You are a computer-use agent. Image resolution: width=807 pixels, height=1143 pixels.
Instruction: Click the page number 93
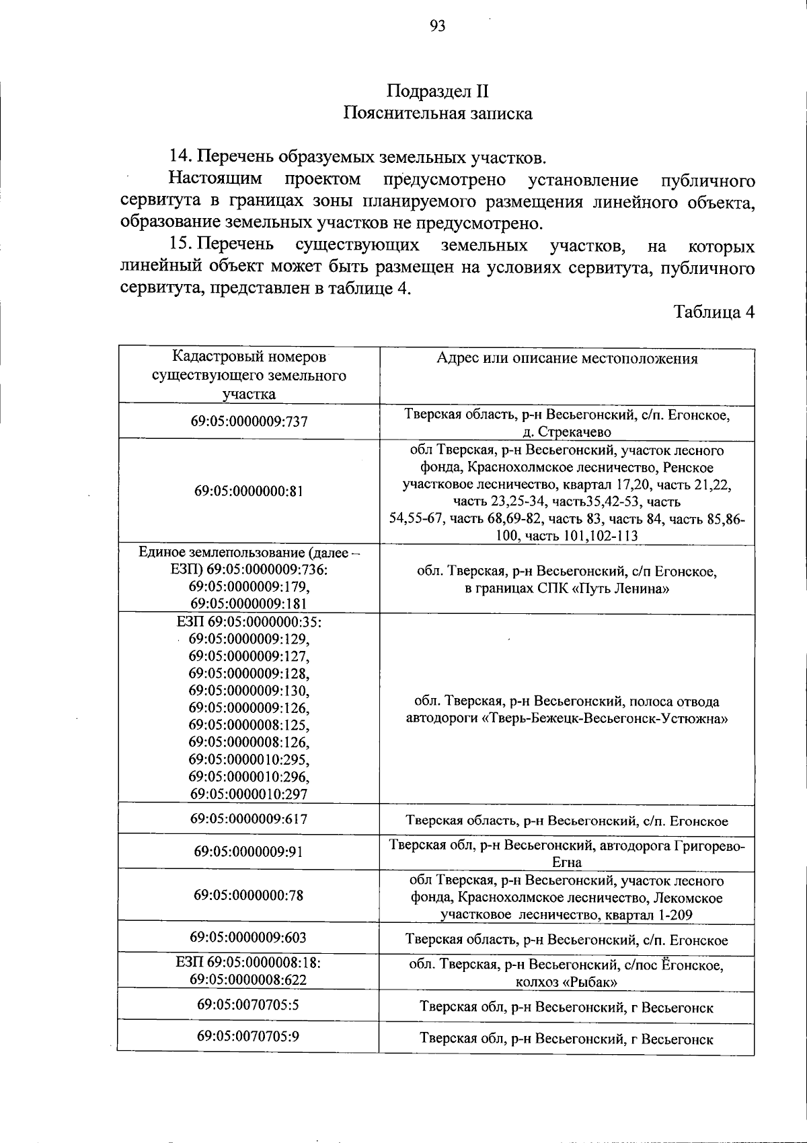tap(437, 26)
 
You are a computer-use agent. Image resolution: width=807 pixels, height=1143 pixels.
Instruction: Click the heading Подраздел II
tap(437, 91)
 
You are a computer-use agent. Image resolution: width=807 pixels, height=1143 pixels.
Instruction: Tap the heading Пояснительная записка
tap(437, 113)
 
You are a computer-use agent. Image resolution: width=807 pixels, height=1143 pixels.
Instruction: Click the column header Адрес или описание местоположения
tap(567, 358)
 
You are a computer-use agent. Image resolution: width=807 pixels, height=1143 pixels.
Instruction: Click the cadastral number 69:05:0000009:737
tap(249, 421)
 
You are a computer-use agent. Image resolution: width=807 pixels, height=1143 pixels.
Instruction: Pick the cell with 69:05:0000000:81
tap(249, 491)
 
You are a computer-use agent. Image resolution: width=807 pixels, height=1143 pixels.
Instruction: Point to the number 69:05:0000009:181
tap(249, 603)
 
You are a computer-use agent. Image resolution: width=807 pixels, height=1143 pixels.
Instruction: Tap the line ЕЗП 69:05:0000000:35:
tap(249, 621)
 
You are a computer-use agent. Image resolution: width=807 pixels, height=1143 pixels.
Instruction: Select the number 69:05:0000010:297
tap(249, 794)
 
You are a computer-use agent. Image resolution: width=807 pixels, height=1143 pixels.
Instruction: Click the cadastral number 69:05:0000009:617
tap(249, 819)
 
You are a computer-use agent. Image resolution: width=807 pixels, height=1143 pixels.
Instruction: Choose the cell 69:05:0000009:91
tap(249, 852)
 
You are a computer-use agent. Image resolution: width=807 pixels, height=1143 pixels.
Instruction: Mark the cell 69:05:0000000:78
tap(249, 895)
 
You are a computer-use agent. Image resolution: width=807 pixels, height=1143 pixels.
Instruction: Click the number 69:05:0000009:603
tap(249, 937)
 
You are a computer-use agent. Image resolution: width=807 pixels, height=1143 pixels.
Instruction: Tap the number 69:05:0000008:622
tap(249, 979)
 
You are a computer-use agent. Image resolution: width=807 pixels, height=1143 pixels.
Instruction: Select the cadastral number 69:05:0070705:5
tap(249, 1004)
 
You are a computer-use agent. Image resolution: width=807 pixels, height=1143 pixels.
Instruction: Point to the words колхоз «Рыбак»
tap(567, 982)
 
